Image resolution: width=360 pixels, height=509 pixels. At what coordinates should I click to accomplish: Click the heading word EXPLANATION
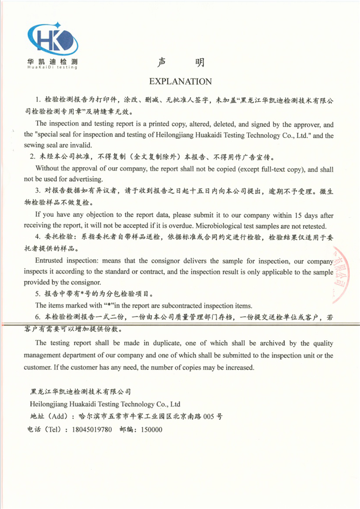pyautogui.click(x=180, y=82)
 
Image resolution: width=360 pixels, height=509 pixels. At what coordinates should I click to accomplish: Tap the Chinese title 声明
pyautogui.click(x=180, y=63)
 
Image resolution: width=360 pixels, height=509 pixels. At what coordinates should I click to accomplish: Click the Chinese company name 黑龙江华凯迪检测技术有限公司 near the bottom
pyautogui.click(x=80, y=392)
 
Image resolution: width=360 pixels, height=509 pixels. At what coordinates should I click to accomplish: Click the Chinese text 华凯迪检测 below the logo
pyautogui.click(x=52, y=61)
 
